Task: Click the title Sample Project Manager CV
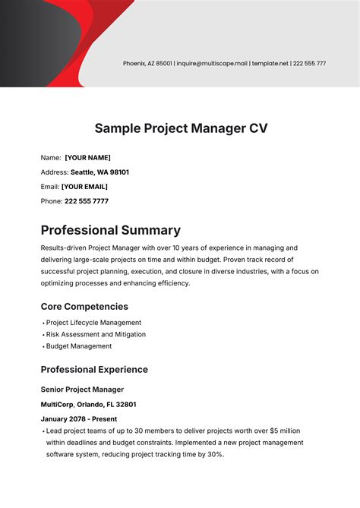coord(180,128)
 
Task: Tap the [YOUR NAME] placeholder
coord(87,158)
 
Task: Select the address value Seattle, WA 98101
coord(99,172)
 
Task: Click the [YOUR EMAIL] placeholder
coord(84,187)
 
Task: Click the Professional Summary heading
coord(110,230)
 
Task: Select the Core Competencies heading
coord(84,307)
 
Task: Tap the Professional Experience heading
coord(94,370)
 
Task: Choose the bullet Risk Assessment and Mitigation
coord(96,334)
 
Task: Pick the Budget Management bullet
coord(79,346)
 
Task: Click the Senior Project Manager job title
coord(81,390)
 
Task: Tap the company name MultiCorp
coord(58,405)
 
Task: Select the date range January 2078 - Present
coord(80,419)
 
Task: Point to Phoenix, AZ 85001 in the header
coord(148,63)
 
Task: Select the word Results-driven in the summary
coord(65,248)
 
